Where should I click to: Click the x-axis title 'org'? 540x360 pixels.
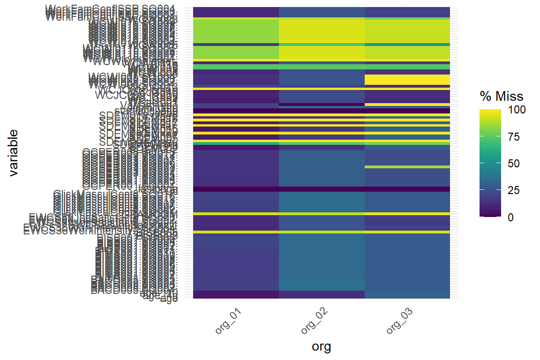click(322, 346)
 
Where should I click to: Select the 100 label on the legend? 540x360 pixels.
click(516, 110)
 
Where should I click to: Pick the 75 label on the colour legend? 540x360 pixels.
click(513, 136)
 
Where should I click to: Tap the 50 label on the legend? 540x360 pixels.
click(513, 163)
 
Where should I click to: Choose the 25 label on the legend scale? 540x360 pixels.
click(513, 190)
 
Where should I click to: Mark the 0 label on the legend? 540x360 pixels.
click(510, 217)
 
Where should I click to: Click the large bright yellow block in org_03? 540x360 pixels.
click(407, 80)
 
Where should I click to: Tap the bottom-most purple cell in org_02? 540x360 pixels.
click(322, 294)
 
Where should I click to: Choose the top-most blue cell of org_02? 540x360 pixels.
click(322, 12)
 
